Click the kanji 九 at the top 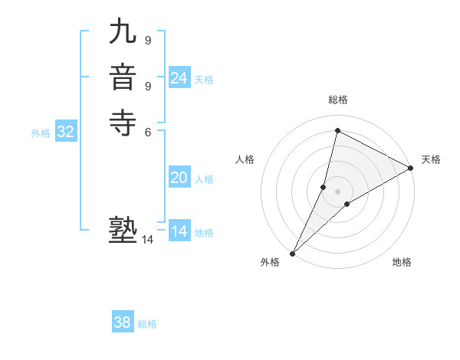tap(123, 34)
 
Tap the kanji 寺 tap(123, 122)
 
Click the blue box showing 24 tap(179, 78)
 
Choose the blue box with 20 tap(179, 178)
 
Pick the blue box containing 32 tap(66, 132)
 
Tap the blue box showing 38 tap(123, 322)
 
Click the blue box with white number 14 tap(179, 231)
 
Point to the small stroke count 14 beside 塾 tap(147, 240)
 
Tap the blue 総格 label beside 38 tap(147, 324)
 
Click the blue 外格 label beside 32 tap(41, 133)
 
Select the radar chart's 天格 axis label tap(431, 159)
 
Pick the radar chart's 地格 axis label tap(402, 262)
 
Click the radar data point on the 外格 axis tap(293, 253)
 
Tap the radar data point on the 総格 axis tap(337, 130)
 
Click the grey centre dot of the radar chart tap(337, 191)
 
